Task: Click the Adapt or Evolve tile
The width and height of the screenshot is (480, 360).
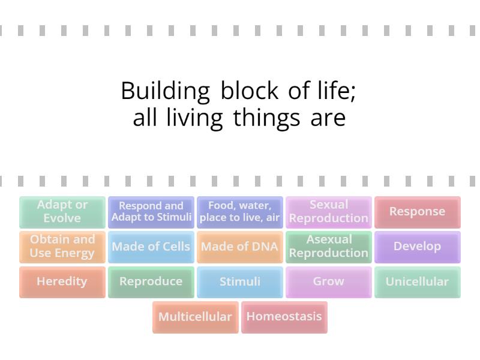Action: coord(62,212)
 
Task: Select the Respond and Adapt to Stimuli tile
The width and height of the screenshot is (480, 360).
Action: coord(151,212)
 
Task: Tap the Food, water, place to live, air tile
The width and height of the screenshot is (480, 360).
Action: coord(240,212)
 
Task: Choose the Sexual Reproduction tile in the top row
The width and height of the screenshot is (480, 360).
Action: coord(329,212)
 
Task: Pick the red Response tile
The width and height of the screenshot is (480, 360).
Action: coord(418,212)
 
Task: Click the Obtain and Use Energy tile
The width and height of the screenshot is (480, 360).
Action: coord(62,247)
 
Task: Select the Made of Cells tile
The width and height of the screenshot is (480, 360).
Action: coord(151,247)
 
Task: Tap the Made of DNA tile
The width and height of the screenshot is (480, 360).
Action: coord(240,247)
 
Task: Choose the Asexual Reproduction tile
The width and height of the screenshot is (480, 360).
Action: coord(329,247)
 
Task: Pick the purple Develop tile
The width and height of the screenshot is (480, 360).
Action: coord(418,247)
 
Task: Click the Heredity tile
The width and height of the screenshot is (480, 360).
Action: coord(62,281)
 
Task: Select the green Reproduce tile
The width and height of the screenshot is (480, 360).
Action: coord(151,281)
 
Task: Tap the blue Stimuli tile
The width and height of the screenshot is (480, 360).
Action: coord(240,281)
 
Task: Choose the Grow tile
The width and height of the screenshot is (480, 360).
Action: coord(329,281)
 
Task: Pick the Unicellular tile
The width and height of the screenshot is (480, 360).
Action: coord(418,281)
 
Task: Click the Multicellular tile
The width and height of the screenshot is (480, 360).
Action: coord(196,317)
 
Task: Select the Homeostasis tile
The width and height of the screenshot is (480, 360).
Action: coord(284,317)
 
